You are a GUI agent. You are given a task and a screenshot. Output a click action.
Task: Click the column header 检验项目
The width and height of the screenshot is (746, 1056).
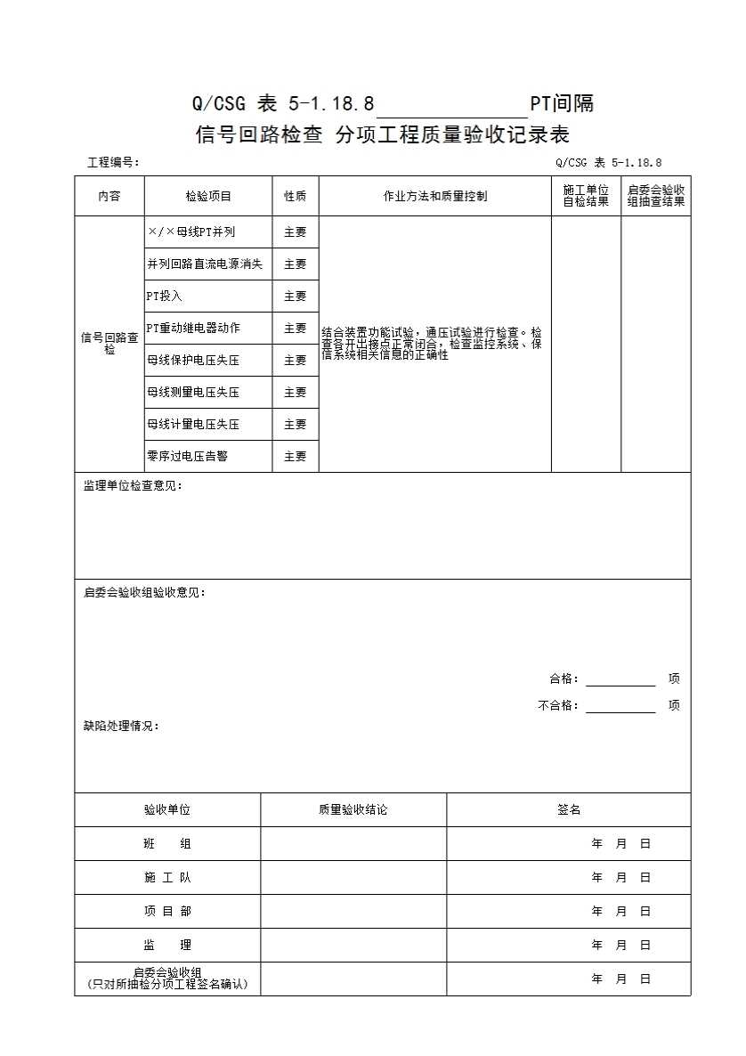point(208,196)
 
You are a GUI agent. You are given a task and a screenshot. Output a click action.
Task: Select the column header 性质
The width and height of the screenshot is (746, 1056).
point(295,196)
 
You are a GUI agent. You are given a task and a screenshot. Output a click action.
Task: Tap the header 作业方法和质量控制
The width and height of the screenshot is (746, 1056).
point(434,196)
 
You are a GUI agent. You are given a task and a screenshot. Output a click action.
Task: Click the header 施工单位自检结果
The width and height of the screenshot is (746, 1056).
point(586,196)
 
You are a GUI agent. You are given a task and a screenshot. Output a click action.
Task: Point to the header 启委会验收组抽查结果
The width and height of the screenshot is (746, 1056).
point(655,196)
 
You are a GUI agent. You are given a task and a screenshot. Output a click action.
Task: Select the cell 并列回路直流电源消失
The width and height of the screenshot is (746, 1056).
point(205,264)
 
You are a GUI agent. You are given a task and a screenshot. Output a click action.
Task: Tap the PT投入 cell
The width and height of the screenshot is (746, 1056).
point(165,296)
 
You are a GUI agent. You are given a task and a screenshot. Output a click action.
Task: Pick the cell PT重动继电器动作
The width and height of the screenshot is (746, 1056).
point(193,328)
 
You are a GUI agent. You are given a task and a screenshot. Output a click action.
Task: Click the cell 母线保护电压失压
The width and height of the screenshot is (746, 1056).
point(193,360)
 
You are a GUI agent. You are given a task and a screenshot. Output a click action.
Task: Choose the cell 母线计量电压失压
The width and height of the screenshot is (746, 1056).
point(193,424)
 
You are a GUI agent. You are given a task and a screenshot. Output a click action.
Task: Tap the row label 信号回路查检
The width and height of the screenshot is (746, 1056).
point(109,344)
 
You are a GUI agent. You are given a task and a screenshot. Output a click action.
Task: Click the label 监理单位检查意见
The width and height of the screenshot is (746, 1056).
point(133,485)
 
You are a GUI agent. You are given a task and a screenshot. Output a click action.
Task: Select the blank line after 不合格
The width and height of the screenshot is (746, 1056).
point(620,706)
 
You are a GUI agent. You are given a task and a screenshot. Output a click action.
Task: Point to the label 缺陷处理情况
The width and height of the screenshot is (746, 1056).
point(121,726)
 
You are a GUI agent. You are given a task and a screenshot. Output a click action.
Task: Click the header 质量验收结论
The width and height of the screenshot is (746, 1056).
point(353,809)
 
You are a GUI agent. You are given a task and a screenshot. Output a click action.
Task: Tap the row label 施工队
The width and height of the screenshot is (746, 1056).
point(167,877)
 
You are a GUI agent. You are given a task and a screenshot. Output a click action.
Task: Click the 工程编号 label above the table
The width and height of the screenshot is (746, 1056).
point(113,162)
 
